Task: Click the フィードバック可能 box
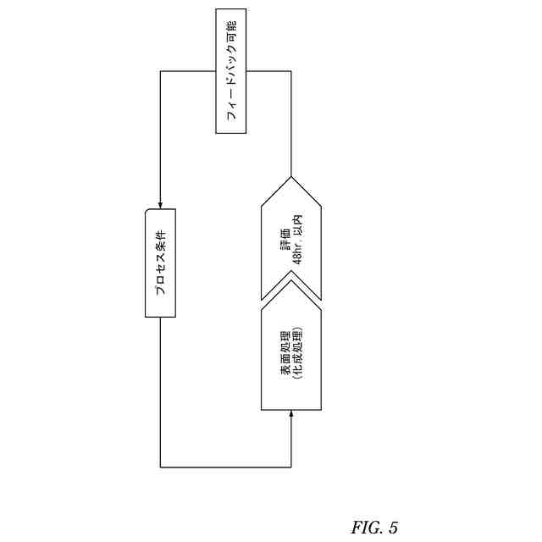pyautogui.click(x=230, y=71)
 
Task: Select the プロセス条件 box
pyautogui.click(x=160, y=263)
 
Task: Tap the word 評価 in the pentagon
pyautogui.click(x=285, y=244)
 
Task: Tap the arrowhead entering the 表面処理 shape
pyautogui.click(x=291, y=414)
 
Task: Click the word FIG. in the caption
pyautogui.click(x=367, y=528)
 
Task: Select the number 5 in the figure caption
pyautogui.click(x=393, y=528)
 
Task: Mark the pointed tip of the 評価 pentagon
pyautogui.click(x=291, y=177)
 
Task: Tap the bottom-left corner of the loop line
pyautogui.click(x=160, y=467)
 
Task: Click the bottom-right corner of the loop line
pyautogui.click(x=291, y=467)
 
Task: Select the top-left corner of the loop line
pyautogui.click(x=160, y=71)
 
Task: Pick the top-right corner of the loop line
pyautogui.click(x=291, y=71)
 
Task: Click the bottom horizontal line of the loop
pyautogui.click(x=225, y=467)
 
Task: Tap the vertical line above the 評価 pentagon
pyautogui.click(x=291, y=127)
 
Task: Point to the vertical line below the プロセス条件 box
pyautogui.click(x=160, y=390)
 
